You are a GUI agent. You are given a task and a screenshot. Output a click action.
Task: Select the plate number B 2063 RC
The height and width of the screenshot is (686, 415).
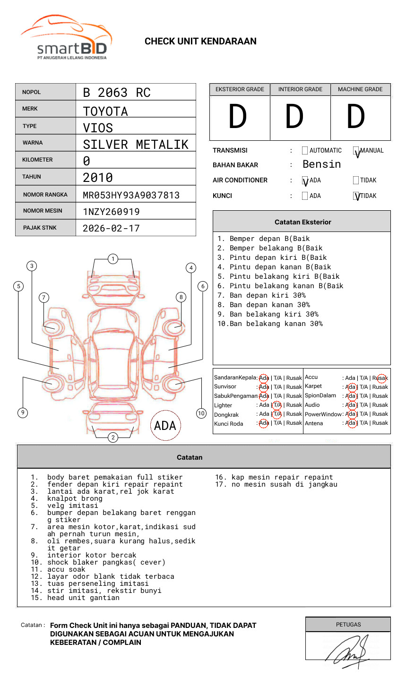pos(116,93)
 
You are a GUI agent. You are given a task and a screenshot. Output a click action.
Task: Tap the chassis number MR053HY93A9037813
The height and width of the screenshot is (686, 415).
pos(131,195)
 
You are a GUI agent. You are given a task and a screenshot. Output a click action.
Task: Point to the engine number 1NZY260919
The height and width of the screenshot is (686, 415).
pos(111,212)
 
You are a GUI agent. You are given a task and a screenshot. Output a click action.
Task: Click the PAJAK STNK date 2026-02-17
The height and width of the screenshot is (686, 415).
pos(111,228)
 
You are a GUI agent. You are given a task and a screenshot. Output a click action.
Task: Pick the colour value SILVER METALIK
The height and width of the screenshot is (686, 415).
pos(135,145)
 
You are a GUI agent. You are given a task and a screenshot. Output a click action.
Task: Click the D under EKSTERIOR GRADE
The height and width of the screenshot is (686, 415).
pos(238,117)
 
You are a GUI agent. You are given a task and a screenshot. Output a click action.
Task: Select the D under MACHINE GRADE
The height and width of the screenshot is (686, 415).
pos(356,117)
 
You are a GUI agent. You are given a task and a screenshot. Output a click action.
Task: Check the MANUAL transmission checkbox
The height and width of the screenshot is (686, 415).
pos(356,151)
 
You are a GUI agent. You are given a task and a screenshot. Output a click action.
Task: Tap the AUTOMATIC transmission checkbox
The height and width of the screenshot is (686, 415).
pos(305,151)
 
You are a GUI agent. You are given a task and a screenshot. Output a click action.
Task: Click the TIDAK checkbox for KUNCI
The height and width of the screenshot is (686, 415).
pos(356,196)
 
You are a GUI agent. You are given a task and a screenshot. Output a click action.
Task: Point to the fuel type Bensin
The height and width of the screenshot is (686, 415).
pos(321,164)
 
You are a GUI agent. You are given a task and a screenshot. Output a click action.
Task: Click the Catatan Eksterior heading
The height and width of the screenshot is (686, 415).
pos(303,222)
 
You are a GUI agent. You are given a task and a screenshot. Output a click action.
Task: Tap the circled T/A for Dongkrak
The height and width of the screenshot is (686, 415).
pos(277,414)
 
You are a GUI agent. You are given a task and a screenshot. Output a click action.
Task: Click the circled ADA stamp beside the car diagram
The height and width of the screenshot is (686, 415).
pos(165,425)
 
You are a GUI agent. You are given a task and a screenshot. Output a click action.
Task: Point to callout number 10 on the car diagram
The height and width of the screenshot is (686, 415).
pos(201,413)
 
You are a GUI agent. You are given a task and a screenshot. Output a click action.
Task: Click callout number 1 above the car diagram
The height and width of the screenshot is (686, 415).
pos(112,259)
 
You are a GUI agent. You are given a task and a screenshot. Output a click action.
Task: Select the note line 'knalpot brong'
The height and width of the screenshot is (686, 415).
pos(75,498)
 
